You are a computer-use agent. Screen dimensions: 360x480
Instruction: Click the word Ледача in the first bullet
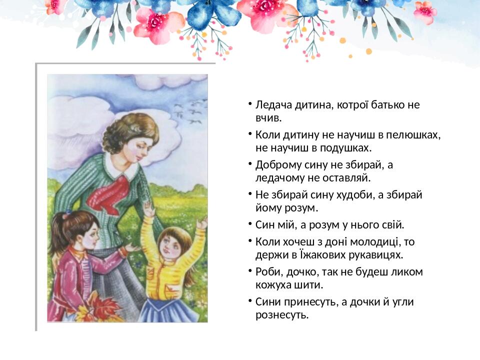tap(272, 105)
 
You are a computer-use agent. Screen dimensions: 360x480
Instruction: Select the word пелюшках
tap(415, 135)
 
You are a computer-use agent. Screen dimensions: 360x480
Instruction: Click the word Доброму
tap(276, 165)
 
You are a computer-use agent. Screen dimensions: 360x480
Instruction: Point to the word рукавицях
tap(377, 254)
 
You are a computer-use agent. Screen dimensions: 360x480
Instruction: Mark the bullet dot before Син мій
tap(248, 224)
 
